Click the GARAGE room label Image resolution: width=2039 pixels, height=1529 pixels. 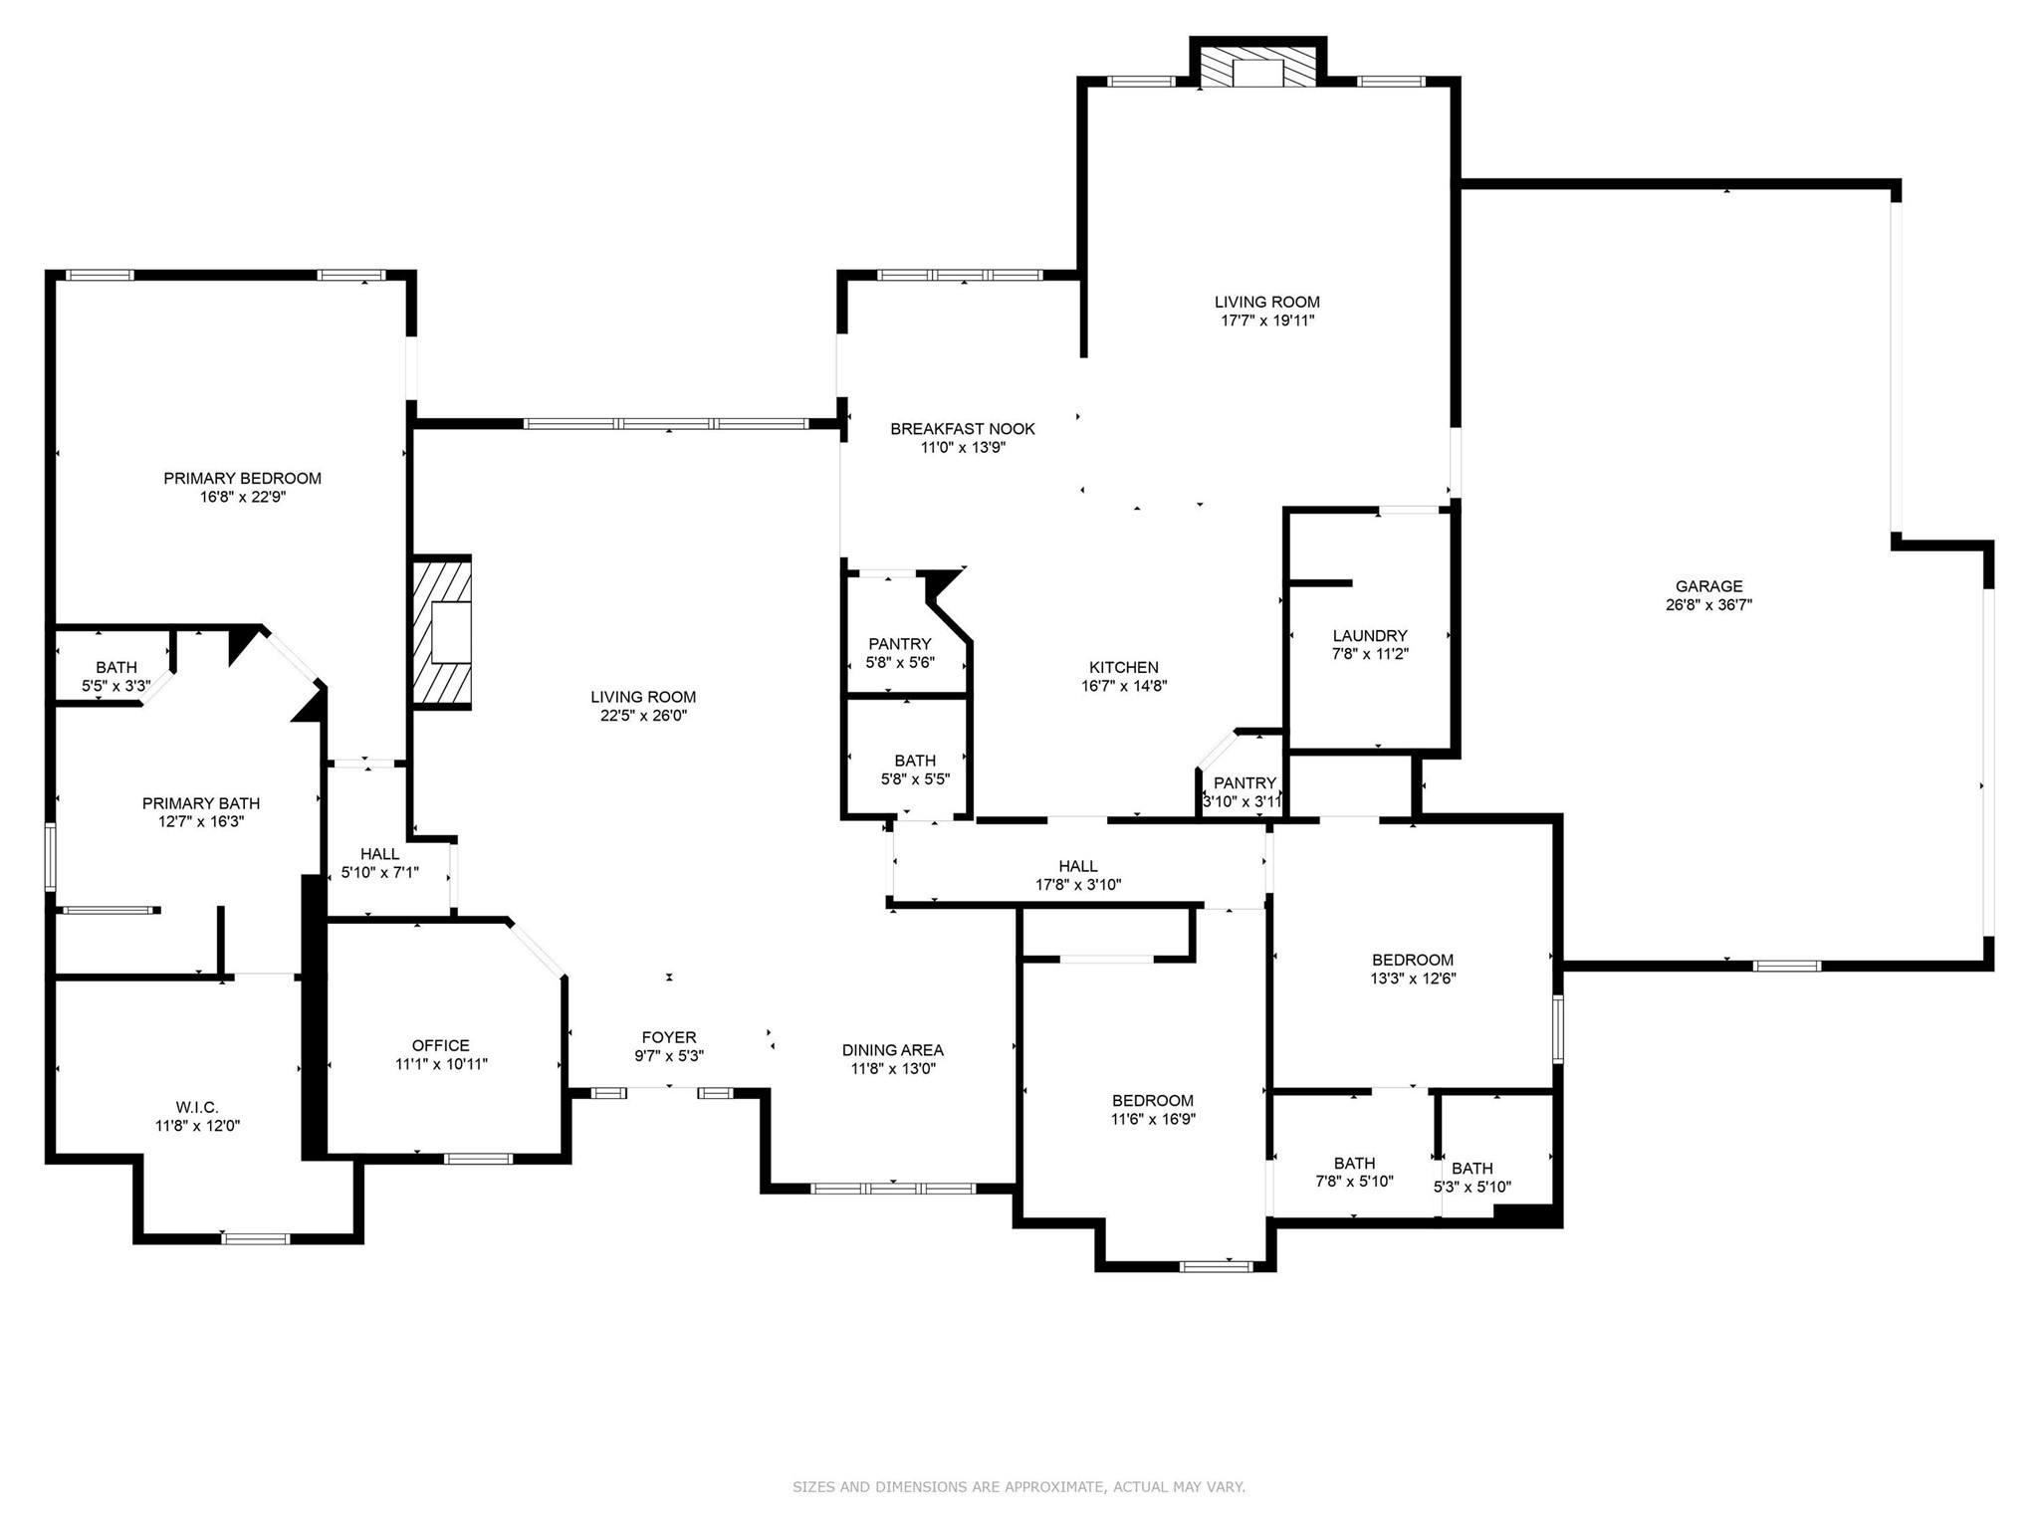pyautogui.click(x=1708, y=586)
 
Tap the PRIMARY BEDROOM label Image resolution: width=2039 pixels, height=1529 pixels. pyautogui.click(x=242, y=478)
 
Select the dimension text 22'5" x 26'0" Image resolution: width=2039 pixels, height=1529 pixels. pyautogui.click(x=643, y=715)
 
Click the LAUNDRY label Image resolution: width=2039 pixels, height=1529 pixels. pyautogui.click(x=1370, y=635)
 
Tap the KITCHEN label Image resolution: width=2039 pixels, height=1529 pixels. pyautogui.click(x=1124, y=667)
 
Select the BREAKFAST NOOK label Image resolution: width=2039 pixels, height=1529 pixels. pyautogui.click(x=963, y=428)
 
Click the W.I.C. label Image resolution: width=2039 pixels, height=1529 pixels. pyautogui.click(x=197, y=1107)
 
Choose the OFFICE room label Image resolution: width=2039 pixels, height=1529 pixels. pyautogui.click(x=440, y=1045)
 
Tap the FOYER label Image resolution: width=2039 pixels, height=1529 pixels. pyautogui.click(x=669, y=1037)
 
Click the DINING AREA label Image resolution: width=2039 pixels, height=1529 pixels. pyautogui.click(x=892, y=1050)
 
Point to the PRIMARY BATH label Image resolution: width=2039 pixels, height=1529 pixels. pyautogui.click(x=201, y=803)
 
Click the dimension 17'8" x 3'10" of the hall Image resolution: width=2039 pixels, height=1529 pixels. pyautogui.click(x=1078, y=884)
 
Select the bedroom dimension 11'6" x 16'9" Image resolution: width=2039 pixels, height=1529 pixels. pyautogui.click(x=1153, y=1119)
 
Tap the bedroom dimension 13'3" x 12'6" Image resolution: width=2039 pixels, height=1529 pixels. pyautogui.click(x=1413, y=979)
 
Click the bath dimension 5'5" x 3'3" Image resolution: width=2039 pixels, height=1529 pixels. pyautogui.click(x=116, y=686)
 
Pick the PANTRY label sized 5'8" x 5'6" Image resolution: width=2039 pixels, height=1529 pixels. pyautogui.click(x=900, y=644)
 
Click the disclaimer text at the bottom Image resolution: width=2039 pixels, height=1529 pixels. pyautogui.click(x=1019, y=1487)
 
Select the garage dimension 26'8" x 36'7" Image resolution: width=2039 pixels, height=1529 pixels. pyautogui.click(x=1708, y=604)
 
